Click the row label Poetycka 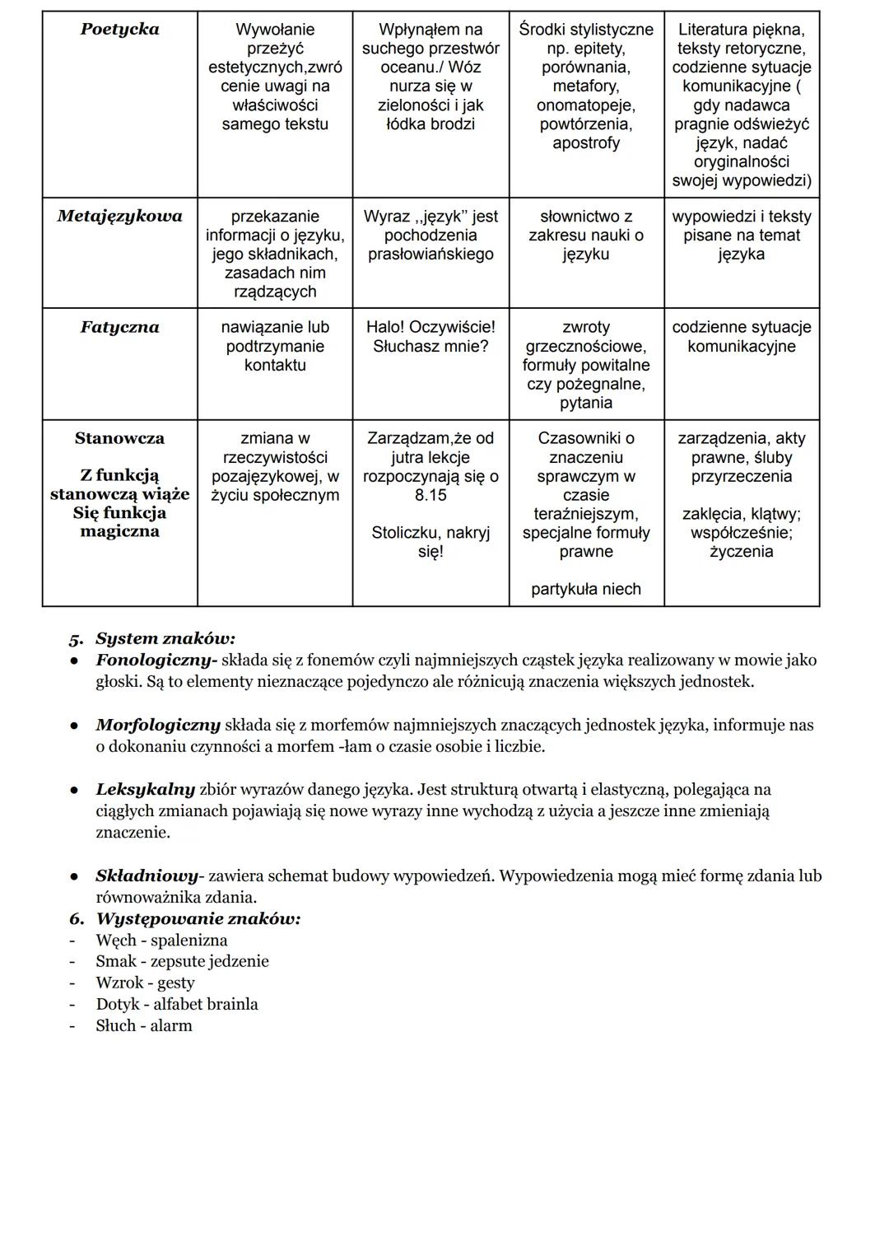119,30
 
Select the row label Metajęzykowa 119,217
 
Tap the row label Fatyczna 119,328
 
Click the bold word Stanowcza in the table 119,439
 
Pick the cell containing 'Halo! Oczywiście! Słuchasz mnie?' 431,337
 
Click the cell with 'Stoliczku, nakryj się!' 431,542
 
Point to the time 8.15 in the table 431,495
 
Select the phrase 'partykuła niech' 586,589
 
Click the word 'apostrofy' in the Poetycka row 586,143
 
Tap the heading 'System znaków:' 165,638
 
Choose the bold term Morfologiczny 158,725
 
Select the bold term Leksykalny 146,789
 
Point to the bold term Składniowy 146,875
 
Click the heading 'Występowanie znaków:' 198,918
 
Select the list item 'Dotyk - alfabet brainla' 177,1004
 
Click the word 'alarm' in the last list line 170,1025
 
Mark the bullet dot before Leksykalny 74,790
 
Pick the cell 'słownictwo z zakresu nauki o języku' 586,236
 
